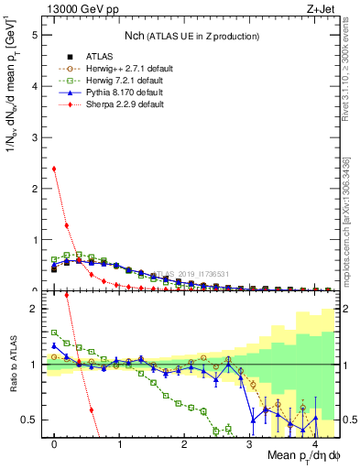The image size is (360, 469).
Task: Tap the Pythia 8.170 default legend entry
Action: pyautogui.click(x=111, y=93)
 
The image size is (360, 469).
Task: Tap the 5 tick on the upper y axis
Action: pyautogui.click(x=36, y=35)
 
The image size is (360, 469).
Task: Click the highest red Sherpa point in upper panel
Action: pyautogui.click(x=55, y=169)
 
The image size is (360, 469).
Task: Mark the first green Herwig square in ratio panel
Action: pyautogui.click(x=55, y=333)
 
